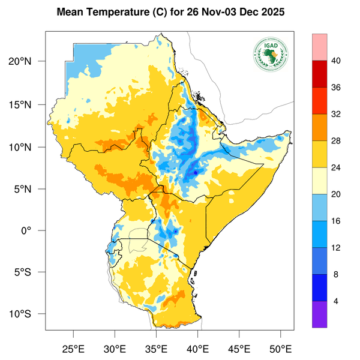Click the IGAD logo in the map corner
pyautogui.click(x=271, y=55)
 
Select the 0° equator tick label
pyautogui.click(x=35, y=230)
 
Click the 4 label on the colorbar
pyautogui.click(x=335, y=301)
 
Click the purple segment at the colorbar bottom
pyautogui.click(x=320, y=314)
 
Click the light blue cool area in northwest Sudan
pyautogui.click(x=84, y=60)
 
